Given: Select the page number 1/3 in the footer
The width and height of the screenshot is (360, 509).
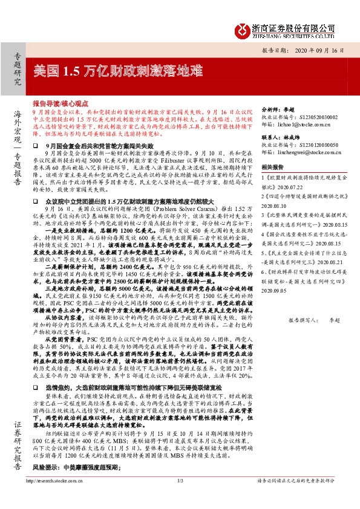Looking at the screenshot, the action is click(x=180, y=498).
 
